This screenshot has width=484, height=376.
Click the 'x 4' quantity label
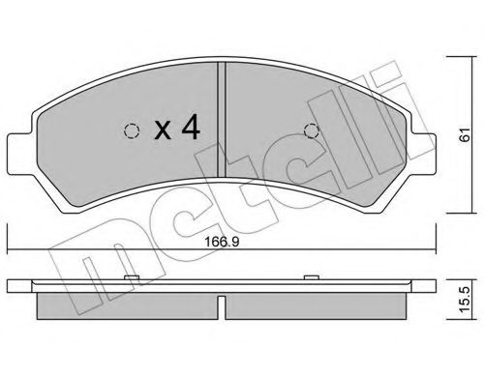click(x=176, y=130)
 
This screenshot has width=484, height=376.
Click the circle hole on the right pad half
click(x=311, y=132)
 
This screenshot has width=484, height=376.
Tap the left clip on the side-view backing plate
click(x=130, y=282)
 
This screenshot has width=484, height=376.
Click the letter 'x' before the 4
click(x=163, y=130)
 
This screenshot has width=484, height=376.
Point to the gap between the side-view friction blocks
click(x=224, y=306)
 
